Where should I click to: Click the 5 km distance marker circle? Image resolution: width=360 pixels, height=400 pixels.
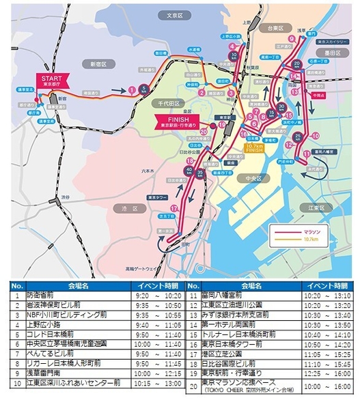(144, 88)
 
